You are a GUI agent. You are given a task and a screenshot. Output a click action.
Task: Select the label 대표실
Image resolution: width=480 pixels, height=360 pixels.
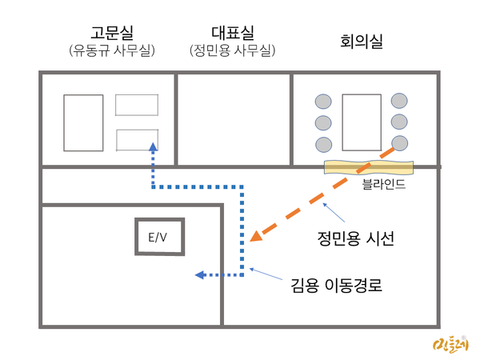click(233, 33)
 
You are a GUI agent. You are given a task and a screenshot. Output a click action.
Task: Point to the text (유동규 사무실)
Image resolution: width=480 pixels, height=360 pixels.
click(111, 51)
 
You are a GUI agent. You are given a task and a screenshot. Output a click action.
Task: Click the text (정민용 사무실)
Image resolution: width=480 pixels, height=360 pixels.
click(233, 51)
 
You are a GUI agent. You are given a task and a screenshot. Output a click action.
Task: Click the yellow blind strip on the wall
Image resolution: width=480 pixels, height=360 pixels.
click(369, 167)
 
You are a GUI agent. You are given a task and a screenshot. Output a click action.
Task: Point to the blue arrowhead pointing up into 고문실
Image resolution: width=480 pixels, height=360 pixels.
click(152, 147)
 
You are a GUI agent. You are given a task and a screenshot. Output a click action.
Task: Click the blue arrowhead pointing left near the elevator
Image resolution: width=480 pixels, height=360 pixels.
click(201, 275)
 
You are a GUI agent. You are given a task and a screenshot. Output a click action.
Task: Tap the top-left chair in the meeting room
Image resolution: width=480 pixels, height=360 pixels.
click(322, 102)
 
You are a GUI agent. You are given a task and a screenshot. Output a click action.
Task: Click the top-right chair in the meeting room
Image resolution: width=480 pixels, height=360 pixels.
click(399, 101)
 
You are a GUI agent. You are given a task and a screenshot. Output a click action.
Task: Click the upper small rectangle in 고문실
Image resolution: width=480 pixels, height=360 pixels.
click(136, 105)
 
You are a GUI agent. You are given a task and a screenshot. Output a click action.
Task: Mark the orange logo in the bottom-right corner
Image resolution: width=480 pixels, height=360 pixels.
click(450, 345)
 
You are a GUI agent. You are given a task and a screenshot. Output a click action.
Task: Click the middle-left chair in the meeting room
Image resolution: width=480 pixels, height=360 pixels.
click(322, 123)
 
